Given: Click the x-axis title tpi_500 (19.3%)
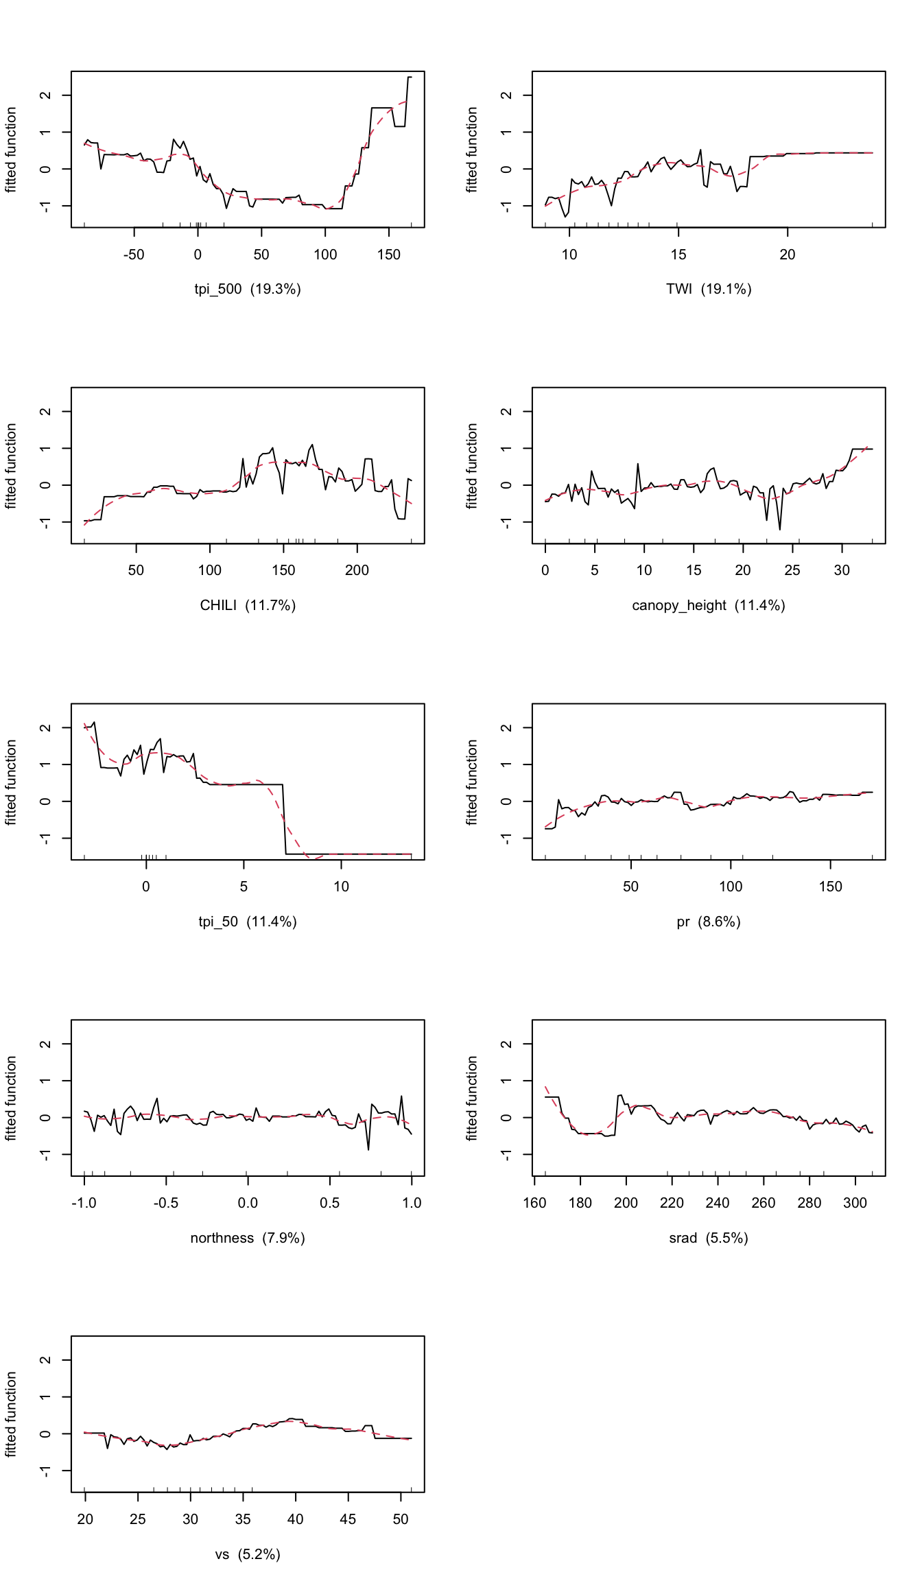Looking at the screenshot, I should point(247,289).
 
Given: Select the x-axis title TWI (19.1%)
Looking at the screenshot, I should point(708,289).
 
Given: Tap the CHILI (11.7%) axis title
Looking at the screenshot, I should point(247,605).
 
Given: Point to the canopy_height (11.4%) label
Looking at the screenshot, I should point(708,605).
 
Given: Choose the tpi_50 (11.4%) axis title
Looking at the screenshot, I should point(247,922).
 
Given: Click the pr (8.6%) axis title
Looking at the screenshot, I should point(708,922).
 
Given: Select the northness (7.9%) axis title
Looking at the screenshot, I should point(247,1238).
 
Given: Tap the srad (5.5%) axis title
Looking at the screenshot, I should point(708,1238).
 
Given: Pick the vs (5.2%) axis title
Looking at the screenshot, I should point(247,1554).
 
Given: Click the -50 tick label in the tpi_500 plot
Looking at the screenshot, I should point(134,255).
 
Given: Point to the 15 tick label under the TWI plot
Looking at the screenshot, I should point(678,255).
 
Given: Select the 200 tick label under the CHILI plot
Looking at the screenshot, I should point(357,570).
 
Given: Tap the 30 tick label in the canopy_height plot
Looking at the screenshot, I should point(842,570).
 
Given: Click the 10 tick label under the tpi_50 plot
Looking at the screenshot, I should point(341,887).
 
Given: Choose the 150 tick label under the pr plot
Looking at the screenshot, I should point(830,887).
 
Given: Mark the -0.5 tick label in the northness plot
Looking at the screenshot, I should point(165,1203).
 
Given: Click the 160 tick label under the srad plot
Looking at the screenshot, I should point(534,1203).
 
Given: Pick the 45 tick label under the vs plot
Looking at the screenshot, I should point(348,1519).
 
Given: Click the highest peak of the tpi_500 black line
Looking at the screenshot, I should point(410,78).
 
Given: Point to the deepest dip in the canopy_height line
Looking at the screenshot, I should point(779,529).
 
